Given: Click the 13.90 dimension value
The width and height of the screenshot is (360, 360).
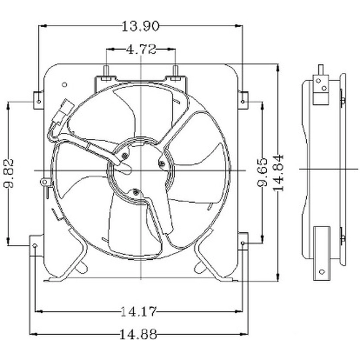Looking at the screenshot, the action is point(140,26).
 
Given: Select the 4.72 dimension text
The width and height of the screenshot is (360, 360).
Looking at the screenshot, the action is point(141,49).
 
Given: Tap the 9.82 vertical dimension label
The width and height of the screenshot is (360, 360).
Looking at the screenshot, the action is point(9,173).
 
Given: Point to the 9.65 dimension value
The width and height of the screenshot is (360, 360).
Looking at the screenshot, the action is point(262,172).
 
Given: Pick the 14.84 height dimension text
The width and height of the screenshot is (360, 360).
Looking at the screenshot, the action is point(278,173).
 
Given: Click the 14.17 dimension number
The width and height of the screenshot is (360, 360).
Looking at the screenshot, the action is point(138,312).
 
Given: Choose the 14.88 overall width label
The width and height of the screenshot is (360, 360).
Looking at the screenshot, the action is point(138,334).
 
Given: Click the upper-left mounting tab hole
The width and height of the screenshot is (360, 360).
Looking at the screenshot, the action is point(39,101).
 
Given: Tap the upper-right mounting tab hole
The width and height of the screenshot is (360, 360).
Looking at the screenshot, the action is point(243,101).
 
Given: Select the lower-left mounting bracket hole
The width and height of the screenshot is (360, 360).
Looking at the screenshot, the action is point(35,246).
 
